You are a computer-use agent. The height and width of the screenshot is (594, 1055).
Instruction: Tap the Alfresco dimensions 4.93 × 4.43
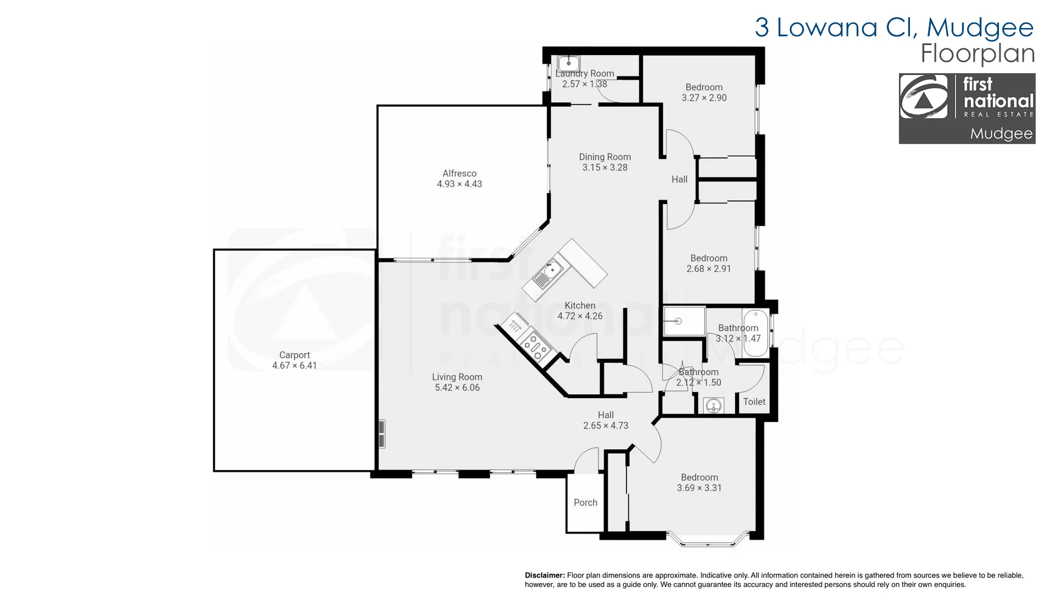(459, 184)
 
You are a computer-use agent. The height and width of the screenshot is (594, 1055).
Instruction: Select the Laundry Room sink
(569, 63)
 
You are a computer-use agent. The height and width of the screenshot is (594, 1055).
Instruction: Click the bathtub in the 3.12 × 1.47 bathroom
(756, 333)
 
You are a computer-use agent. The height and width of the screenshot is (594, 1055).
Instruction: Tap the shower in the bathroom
(684, 321)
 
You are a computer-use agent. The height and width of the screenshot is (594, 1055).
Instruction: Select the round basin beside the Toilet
(714, 406)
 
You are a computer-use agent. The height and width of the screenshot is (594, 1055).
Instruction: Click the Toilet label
(754, 402)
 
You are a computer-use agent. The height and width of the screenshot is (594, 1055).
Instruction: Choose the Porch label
(585, 503)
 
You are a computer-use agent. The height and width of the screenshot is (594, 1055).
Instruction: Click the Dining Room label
(605, 157)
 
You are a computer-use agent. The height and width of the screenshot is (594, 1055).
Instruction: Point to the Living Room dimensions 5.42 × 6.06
(457, 388)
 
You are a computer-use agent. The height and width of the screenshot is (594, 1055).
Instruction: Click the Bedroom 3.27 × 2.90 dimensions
(704, 98)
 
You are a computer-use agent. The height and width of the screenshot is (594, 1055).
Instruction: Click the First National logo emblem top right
(924, 97)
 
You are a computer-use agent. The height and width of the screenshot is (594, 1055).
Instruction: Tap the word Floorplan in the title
(978, 53)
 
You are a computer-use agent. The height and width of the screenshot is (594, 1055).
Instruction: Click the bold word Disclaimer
(545, 575)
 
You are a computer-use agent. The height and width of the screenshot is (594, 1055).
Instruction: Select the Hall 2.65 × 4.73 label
(606, 420)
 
